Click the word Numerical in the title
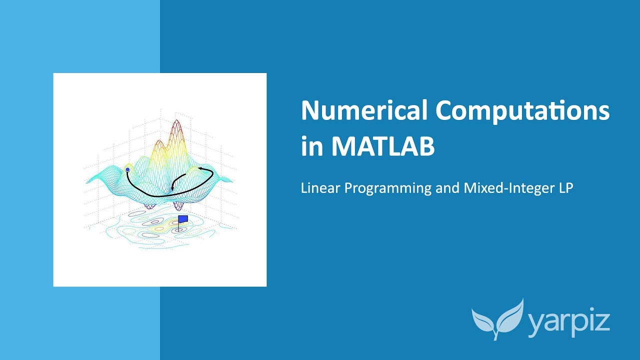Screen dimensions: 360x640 click(x=364, y=111)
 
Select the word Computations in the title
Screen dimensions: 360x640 click(x=523, y=111)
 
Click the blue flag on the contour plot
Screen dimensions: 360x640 click(x=183, y=219)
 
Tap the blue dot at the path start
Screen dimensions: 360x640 click(x=127, y=170)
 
